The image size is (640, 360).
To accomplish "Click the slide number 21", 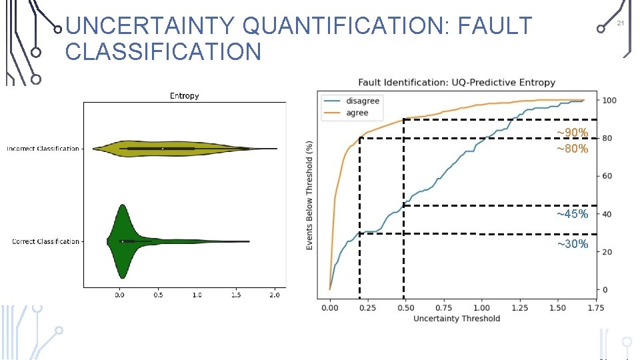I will click(619, 23).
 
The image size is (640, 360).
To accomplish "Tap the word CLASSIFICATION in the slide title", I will click(163, 51).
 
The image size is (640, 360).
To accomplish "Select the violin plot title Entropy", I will click(184, 96).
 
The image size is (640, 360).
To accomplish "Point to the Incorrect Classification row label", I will click(43, 149).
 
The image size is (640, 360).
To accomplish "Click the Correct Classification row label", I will click(45, 241).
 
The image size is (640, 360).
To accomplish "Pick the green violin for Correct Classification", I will click(123, 241).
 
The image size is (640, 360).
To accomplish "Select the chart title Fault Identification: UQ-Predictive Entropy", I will click(457, 83).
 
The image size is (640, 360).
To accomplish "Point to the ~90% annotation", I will click(573, 133).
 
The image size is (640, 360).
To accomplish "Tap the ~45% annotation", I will click(573, 214).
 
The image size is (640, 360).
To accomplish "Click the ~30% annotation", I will click(573, 244).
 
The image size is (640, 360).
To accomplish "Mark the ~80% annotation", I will click(573, 149).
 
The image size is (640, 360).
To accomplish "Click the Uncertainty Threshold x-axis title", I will click(457, 319).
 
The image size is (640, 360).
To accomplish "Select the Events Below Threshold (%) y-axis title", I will click(309, 195).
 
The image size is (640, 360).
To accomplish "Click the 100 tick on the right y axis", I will click(609, 101).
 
